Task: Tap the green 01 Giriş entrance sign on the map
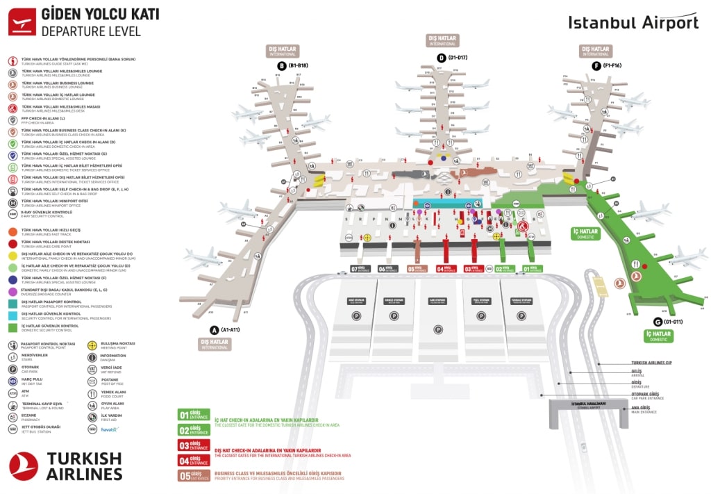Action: [532, 269]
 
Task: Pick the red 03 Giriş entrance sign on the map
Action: [474, 269]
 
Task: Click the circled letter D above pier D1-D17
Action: [441, 58]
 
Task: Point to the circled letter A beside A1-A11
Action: [215, 330]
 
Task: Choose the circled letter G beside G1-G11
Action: [658, 322]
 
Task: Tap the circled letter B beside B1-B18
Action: [282, 66]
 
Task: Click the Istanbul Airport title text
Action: [633, 22]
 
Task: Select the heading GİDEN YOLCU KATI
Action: [100, 14]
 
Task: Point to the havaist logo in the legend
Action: [109, 429]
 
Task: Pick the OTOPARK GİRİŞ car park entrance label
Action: [647, 397]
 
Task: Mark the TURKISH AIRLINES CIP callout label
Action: [652, 363]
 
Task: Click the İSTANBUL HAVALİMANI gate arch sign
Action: [583, 404]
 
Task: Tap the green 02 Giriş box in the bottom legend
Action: [194, 431]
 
